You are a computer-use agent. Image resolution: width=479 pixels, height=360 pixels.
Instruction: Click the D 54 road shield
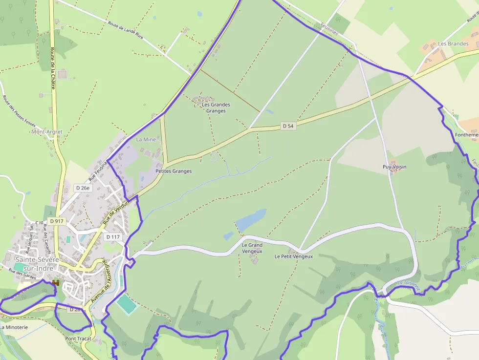point(288,126)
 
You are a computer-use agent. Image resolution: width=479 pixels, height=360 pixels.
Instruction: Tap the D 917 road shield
point(57,221)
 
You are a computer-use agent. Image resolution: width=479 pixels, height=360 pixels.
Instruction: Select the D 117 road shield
point(113,237)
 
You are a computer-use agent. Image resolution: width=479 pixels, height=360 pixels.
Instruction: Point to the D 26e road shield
point(82,188)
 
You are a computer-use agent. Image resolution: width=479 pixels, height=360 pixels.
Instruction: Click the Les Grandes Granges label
point(216,107)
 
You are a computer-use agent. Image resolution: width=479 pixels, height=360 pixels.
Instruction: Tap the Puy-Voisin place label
point(394,167)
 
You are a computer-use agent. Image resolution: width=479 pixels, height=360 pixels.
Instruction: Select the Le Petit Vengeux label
point(293,256)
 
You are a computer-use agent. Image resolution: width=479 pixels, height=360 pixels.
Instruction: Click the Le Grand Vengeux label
point(252,248)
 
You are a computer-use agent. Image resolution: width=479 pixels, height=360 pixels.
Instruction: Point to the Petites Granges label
point(174,171)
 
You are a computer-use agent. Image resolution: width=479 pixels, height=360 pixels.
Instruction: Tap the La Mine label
point(146,140)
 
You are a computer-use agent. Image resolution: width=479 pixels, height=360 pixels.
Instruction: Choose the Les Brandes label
point(453,43)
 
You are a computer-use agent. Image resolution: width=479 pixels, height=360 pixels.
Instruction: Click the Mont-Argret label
point(47,132)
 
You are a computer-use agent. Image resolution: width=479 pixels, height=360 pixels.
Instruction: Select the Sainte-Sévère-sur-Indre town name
point(37,264)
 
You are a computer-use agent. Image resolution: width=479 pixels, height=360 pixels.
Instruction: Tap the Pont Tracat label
point(78,339)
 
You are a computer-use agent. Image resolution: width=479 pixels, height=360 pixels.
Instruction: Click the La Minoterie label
point(14,327)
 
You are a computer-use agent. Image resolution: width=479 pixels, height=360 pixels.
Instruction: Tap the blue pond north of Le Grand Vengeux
point(251,221)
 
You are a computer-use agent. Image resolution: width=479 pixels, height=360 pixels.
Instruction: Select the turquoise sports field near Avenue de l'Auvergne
point(127,304)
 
